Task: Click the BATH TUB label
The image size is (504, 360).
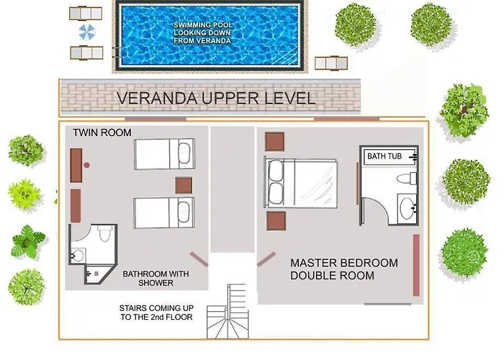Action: pyautogui.click(x=384, y=156)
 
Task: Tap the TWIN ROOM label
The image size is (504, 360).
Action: pyautogui.click(x=102, y=132)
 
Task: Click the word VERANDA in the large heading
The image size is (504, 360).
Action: pyautogui.click(x=157, y=98)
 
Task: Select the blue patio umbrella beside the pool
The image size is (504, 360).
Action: pyautogui.click(x=87, y=32)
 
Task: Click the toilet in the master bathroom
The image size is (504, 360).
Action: pyautogui.click(x=407, y=179)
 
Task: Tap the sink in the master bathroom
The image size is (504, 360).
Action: pyautogui.click(x=407, y=209)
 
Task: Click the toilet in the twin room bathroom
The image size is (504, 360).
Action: pyautogui.click(x=105, y=233)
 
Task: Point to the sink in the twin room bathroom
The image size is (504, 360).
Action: pyautogui.click(x=78, y=256)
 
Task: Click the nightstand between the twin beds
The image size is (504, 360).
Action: pyautogui.click(x=184, y=186)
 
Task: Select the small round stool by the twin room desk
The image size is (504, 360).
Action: pyautogui.click(x=86, y=165)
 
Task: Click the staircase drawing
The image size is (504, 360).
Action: pyautogui.click(x=228, y=312)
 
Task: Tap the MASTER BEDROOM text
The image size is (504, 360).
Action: pyautogui.click(x=344, y=263)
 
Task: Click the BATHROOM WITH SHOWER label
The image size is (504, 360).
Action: pyautogui.click(x=156, y=279)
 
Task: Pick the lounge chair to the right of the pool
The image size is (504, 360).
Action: pyautogui.click(x=331, y=63)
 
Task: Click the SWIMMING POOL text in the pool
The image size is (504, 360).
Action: pyautogui.click(x=203, y=25)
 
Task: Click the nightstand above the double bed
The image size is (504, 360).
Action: pyautogui.click(x=274, y=142)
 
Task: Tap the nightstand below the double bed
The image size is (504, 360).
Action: pyautogui.click(x=276, y=221)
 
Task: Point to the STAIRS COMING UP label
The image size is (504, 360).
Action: pyautogui.click(x=156, y=312)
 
